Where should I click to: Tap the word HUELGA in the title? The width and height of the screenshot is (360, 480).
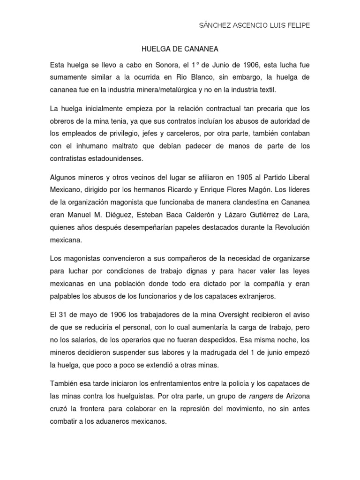[x=154, y=48]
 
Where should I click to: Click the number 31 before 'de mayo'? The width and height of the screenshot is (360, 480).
[x=63, y=313]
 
